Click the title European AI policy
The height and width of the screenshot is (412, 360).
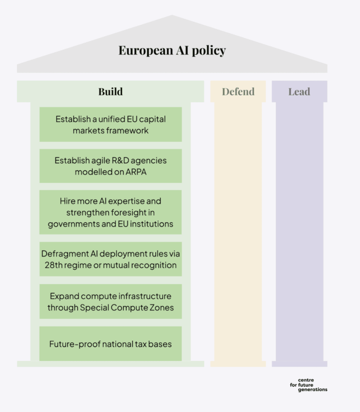click(172, 50)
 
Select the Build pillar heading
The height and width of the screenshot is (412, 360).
click(111, 92)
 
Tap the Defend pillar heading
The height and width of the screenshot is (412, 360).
click(238, 92)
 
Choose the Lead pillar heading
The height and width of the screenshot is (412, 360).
click(299, 92)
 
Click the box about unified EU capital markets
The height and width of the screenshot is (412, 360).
click(111, 124)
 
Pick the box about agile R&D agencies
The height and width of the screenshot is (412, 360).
click(111, 166)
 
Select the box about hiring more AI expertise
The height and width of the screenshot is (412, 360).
click(111, 212)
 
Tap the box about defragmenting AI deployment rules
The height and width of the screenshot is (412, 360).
click(111, 259)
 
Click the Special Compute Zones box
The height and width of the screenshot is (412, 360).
click(111, 301)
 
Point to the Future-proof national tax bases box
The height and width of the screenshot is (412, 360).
click(111, 344)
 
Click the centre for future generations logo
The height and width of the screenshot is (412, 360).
click(308, 385)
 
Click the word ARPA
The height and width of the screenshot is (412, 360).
click(136, 172)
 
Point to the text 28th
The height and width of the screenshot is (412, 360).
click(53, 265)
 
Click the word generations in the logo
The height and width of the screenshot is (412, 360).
click(313, 390)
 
